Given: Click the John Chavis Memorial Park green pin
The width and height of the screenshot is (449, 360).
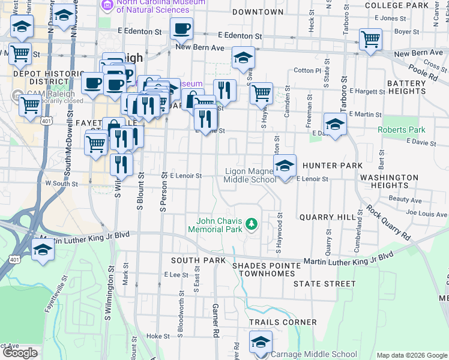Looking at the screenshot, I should [x=252, y=225].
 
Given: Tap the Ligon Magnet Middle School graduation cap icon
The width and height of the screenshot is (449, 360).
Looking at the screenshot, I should [x=285, y=166].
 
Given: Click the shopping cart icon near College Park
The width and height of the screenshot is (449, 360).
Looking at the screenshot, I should [x=370, y=40].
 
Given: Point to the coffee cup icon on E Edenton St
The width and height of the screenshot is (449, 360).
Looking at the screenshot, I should [x=181, y=28].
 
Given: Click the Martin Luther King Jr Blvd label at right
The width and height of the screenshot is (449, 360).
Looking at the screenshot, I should [x=348, y=258].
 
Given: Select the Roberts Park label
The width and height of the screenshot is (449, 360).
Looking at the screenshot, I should [x=402, y=130].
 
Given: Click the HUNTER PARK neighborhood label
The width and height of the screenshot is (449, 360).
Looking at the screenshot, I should [x=333, y=165].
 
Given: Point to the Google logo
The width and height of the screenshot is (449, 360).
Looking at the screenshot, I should [x=20, y=353].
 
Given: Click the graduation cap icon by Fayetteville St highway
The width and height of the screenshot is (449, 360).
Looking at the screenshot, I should [x=43, y=249].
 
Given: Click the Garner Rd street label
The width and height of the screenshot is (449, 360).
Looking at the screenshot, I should [x=214, y=319].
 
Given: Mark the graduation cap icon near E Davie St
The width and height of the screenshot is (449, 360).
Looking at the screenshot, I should [x=335, y=124].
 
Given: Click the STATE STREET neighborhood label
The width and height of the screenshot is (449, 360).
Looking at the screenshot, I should [x=316, y=283].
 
